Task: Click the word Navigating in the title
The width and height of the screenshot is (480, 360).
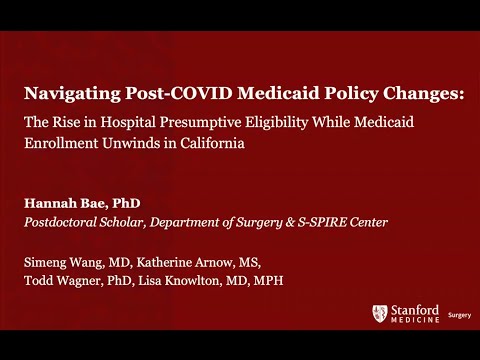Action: (x=63, y=96)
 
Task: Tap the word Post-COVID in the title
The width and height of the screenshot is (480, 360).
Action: (x=154, y=96)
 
